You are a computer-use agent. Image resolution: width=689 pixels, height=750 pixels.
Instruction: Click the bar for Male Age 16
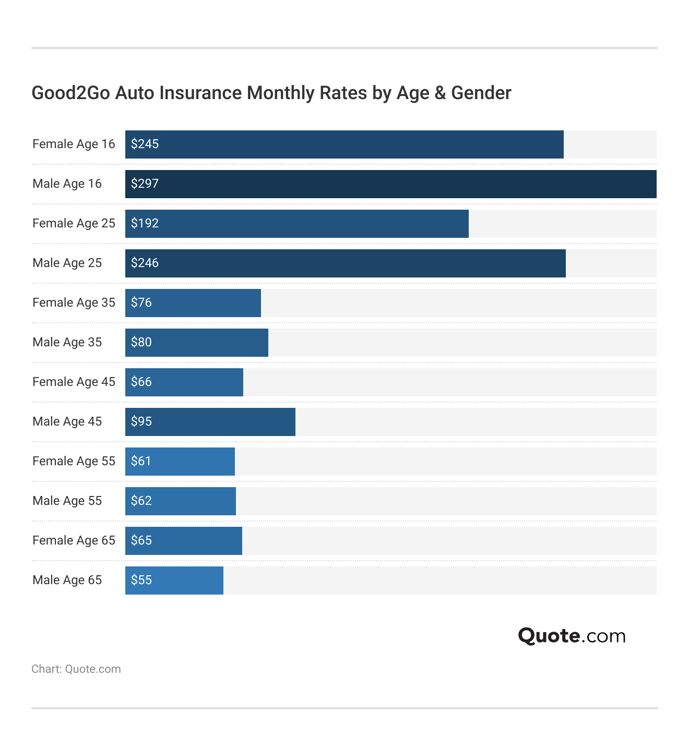coord(390,184)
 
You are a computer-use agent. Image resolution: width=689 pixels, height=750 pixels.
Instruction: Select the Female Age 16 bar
coord(344,144)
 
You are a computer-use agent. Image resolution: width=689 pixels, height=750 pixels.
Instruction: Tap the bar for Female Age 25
coord(297,224)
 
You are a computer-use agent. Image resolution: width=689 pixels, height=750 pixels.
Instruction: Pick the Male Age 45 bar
coord(210,422)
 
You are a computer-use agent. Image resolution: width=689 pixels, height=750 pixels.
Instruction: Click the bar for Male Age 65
coord(174,580)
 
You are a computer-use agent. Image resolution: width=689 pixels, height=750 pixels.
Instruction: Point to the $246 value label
coord(145,263)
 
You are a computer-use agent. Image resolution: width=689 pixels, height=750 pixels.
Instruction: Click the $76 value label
coord(141,303)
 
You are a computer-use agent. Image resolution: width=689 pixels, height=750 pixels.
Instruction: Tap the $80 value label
coord(141,342)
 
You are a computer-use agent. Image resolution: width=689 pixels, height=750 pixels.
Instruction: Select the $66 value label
coord(141,382)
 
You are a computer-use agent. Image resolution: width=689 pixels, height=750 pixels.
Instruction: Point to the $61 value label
coord(141,461)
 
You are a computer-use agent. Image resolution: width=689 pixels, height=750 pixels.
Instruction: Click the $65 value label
coord(141,540)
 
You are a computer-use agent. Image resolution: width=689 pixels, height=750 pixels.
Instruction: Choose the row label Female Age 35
coord(74,303)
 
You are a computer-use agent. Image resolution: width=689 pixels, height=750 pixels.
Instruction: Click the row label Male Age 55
coord(67,501)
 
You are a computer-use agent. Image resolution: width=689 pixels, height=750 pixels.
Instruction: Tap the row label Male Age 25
coord(67,263)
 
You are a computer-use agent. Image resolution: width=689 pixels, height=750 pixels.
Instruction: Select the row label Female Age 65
coord(74,540)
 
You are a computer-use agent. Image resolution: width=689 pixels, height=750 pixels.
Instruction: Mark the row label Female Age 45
coord(74,382)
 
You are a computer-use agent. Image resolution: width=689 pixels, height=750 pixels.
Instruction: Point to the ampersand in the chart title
coord(440,93)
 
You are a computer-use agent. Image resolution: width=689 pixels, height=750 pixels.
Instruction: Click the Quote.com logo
coord(572,636)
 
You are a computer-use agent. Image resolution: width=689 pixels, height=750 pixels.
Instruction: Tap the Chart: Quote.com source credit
coord(76,669)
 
